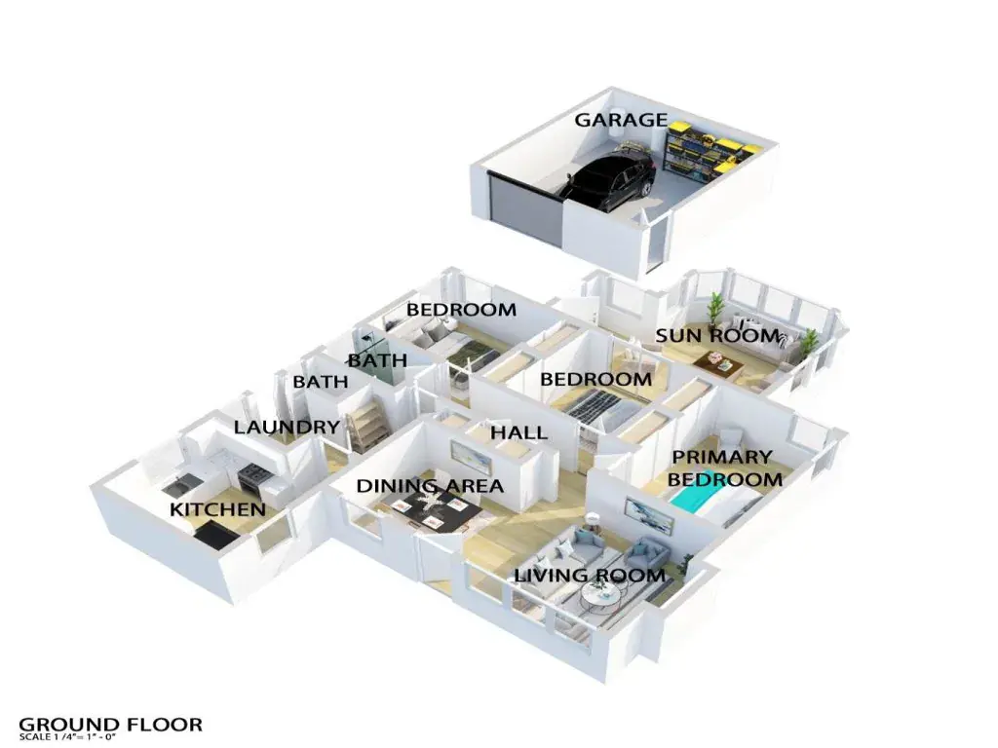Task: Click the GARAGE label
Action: pos(620,120)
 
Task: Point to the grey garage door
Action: pos(525,207)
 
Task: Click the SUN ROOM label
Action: pos(717,336)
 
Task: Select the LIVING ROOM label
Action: pos(590,576)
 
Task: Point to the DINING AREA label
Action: pos(430,486)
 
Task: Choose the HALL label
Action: pos(518,432)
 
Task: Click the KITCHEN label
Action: pos(217,509)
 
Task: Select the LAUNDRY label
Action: pos(287,427)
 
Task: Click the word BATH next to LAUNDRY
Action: pos(321,383)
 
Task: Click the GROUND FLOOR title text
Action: pos(111,724)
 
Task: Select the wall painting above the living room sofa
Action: pos(648,512)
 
